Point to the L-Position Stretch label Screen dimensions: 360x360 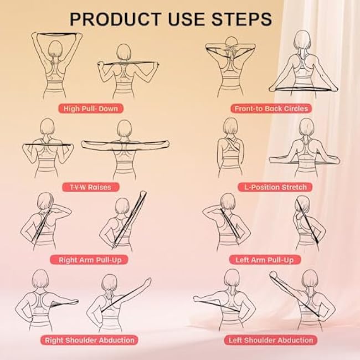271,187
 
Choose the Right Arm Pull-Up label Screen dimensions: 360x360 89,259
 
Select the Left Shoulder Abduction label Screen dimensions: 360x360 271,340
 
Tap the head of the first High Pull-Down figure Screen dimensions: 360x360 56,48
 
